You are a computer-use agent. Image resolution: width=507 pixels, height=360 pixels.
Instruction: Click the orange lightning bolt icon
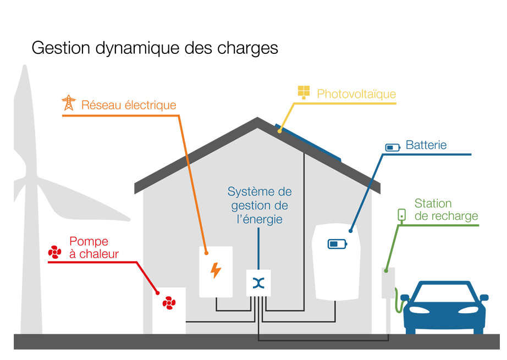pos(216,270)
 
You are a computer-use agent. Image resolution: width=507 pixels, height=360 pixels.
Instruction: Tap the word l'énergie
pos(260,219)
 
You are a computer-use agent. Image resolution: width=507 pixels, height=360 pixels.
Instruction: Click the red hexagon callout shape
pos(91,258)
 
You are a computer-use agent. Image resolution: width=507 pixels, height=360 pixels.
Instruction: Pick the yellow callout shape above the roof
pos(346,82)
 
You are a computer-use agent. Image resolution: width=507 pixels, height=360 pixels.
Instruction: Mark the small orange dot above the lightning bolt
pos(207,253)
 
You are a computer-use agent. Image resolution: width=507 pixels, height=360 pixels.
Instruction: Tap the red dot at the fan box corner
pos(158,292)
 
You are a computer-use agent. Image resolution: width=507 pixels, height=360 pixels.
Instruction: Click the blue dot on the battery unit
pos(350,230)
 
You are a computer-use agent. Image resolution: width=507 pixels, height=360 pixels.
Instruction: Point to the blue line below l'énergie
pos(258,247)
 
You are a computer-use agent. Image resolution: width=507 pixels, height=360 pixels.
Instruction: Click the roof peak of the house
pos(257,129)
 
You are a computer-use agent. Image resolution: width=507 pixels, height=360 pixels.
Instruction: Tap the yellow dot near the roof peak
pos(280,131)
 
